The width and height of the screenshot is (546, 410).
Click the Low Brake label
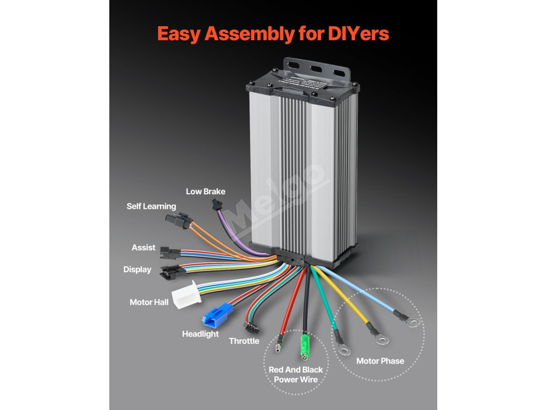(x=205, y=192)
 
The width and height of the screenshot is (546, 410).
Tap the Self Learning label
(x=151, y=206)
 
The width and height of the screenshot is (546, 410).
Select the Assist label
(x=143, y=248)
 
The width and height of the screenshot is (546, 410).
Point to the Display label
(x=137, y=270)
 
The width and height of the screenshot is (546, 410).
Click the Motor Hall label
(x=149, y=302)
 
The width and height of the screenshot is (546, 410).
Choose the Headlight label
(x=200, y=334)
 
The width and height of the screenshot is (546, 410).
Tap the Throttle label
(x=244, y=341)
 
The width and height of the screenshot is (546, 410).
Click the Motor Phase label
(x=380, y=361)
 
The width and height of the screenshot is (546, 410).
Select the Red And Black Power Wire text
(x=295, y=375)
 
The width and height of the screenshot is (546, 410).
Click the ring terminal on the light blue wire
(x=413, y=323)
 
